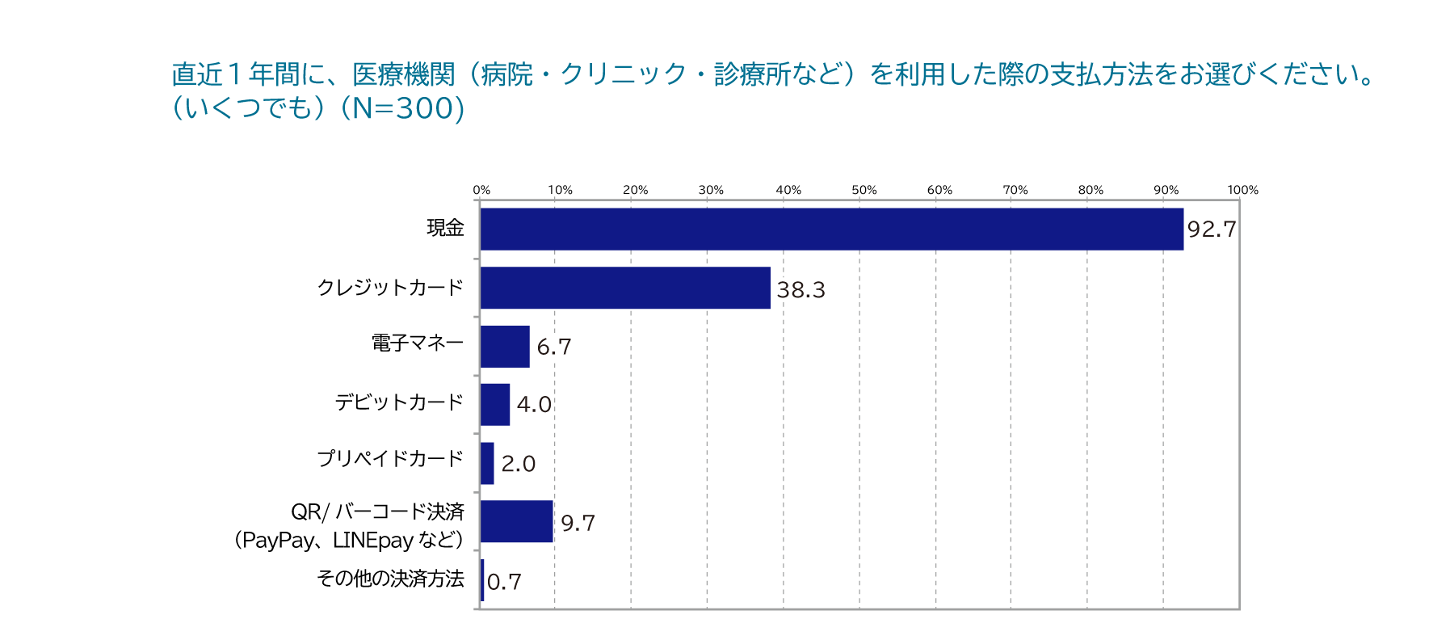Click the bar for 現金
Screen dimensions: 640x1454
[x=831, y=229]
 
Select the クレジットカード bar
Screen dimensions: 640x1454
[x=625, y=288]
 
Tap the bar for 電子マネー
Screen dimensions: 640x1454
[x=505, y=347]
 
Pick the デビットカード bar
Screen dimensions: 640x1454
[x=495, y=404]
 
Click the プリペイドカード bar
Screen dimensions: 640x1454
[x=487, y=463]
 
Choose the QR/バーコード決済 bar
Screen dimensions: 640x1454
[x=517, y=521]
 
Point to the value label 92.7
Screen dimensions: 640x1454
[x=1212, y=229]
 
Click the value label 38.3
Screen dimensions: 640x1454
[x=801, y=289]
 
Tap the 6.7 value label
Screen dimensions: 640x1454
[x=554, y=347]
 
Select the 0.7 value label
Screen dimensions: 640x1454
[x=504, y=582]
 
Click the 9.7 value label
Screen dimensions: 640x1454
[x=578, y=524]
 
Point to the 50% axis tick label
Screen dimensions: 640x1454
[x=864, y=190]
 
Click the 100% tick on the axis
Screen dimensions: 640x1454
[x=1242, y=190]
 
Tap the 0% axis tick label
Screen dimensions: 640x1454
[x=481, y=190]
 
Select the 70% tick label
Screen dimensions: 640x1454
[x=1015, y=190]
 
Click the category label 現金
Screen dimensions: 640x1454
[x=445, y=229]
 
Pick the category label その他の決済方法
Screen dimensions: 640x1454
[x=390, y=579]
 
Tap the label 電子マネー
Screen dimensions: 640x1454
[x=418, y=343]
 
